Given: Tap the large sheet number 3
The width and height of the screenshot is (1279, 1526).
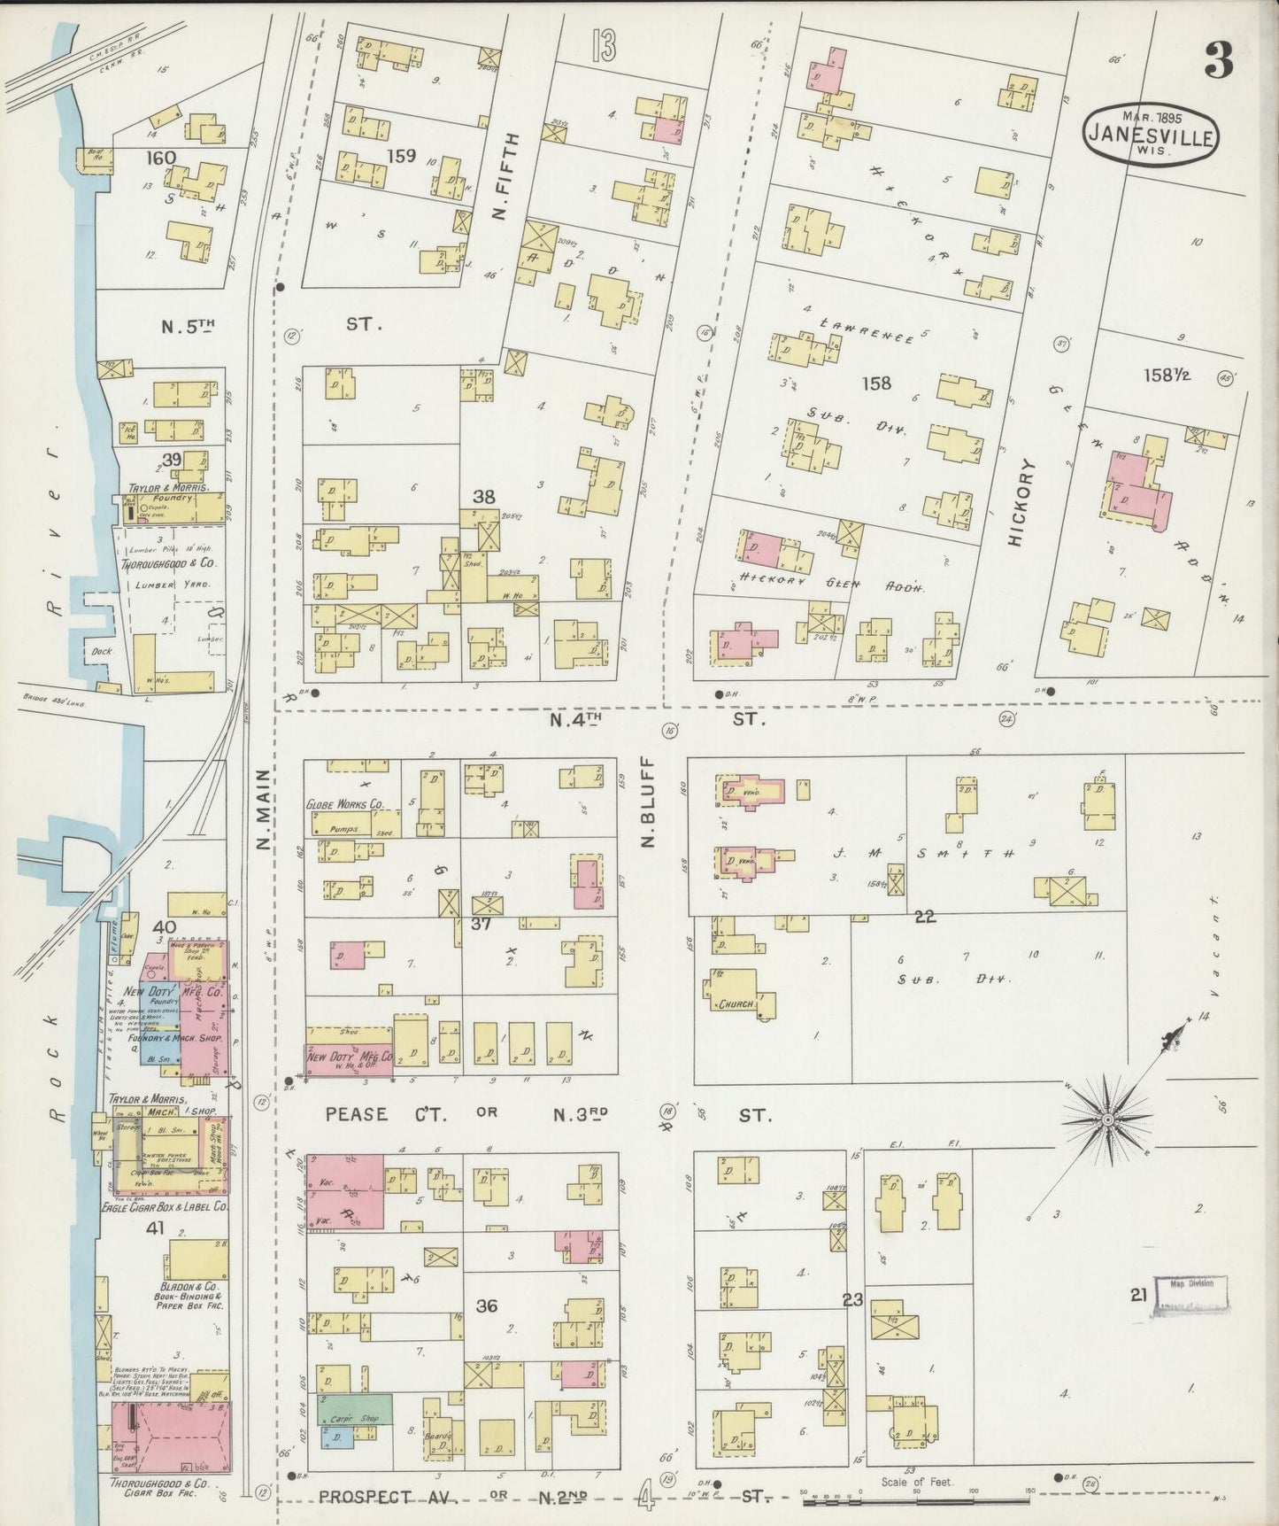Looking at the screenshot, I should click(x=1219, y=60).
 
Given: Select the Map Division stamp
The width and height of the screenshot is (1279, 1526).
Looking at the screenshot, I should click(x=1191, y=1294).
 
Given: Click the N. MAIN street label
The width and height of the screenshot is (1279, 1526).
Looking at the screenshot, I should click(x=263, y=810).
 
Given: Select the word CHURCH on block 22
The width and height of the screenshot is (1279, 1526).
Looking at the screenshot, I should click(x=736, y=1004).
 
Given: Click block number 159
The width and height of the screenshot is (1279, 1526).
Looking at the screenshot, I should click(x=402, y=156).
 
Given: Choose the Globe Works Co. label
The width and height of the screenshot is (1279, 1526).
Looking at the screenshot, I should click(x=344, y=804).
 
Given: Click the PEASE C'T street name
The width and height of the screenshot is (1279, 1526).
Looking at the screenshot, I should click(x=357, y=1113).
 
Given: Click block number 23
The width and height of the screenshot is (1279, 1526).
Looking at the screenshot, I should click(x=852, y=1300).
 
